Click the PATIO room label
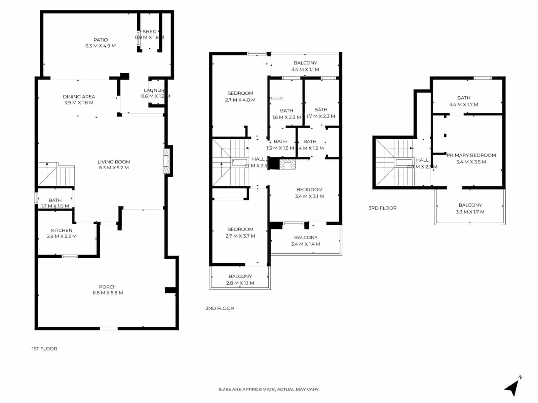click(101, 40)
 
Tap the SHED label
click(149, 32)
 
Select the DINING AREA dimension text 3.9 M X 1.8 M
click(79, 103)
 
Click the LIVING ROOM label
click(114, 162)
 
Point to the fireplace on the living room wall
click(166, 161)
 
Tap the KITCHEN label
click(62, 230)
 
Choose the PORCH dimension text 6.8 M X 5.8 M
click(108, 293)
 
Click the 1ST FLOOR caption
click(44, 349)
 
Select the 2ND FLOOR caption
click(220, 308)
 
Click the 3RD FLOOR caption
click(382, 208)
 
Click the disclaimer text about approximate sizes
click(269, 390)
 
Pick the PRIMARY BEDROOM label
click(471, 155)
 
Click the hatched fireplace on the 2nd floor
click(287, 164)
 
